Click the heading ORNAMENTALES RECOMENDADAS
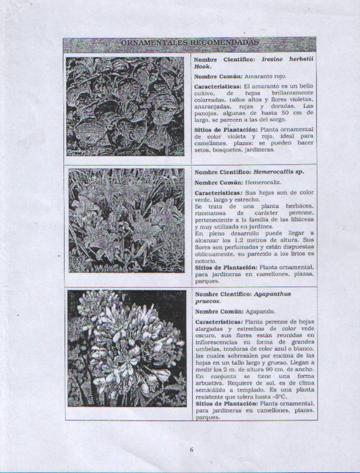pyautogui.click(x=189, y=43)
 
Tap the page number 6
pyautogui.click(x=191, y=450)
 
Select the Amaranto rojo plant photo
pyautogui.click(x=125, y=106)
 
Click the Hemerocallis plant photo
pyautogui.click(x=127, y=221)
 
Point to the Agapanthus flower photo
pyautogui.click(x=127, y=348)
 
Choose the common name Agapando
pyautogui.click(x=260, y=312)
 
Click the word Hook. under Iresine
pyautogui.click(x=203, y=66)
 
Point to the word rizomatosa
pyautogui.click(x=211, y=213)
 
